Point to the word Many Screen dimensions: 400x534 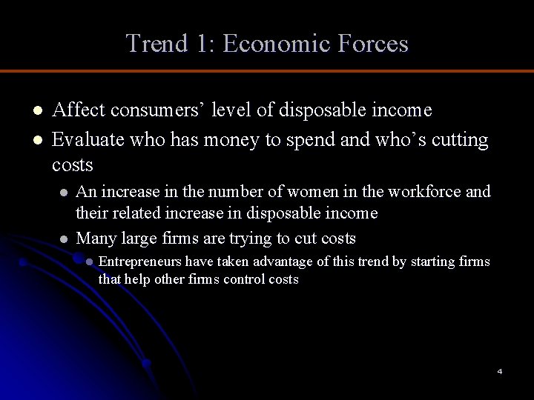[x=96, y=238]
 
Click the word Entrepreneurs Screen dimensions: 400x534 [x=139, y=261]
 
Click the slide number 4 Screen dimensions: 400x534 [x=500, y=371]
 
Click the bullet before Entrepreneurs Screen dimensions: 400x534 [x=89, y=262]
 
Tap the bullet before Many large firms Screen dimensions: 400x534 [x=65, y=239]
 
